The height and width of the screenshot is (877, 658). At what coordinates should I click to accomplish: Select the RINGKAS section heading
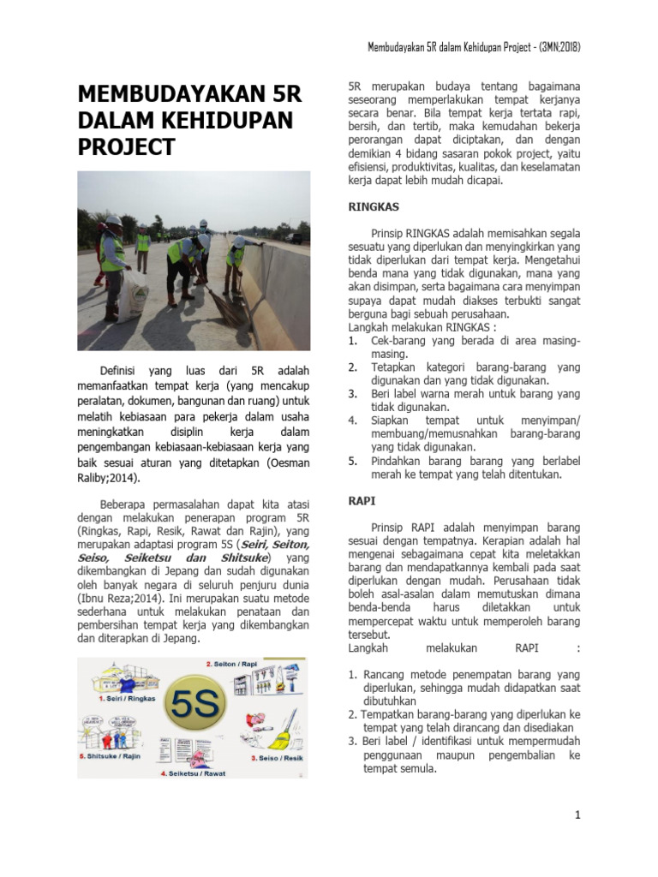point(372,206)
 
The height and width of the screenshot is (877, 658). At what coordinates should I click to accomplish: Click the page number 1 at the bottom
point(578,814)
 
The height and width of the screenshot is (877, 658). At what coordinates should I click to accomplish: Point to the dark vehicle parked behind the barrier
point(294,237)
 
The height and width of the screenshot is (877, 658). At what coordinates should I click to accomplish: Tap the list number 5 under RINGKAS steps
point(352,461)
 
